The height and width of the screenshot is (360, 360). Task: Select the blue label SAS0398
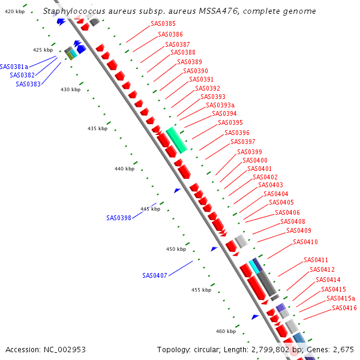pyautogui.click(x=118, y=218)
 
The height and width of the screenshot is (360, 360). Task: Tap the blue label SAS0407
pyautogui.click(x=154, y=275)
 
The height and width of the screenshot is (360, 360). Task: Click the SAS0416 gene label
pyautogui.click(x=344, y=308)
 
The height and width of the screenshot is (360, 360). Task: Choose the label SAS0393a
pyautogui.click(x=220, y=105)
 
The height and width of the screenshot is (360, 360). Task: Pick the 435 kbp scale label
pyautogui.click(x=97, y=128)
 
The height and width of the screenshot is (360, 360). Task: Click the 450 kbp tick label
pyautogui.click(x=176, y=249)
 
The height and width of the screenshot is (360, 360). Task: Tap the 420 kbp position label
pyautogui.click(x=14, y=11)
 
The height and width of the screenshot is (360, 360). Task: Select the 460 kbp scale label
pyautogui.click(x=226, y=331)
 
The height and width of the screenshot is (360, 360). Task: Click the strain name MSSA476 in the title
pyautogui.click(x=213, y=11)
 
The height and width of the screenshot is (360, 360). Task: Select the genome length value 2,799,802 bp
pyautogui.click(x=269, y=349)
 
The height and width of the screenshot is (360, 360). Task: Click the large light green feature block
pyautogui.click(x=177, y=140)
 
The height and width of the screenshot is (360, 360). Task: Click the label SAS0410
pyautogui.click(x=305, y=242)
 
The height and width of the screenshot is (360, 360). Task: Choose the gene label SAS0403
pyautogui.click(x=271, y=185)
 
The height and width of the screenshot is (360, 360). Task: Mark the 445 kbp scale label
pyautogui.click(x=151, y=209)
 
